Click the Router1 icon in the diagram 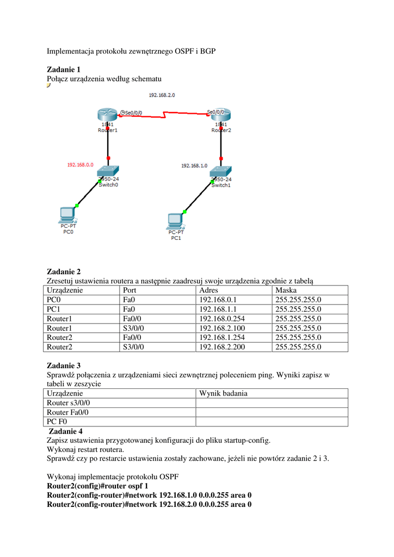pyautogui.click(x=107, y=115)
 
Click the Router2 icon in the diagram pyautogui.click(x=221, y=115)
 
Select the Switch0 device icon pyautogui.click(x=108, y=172)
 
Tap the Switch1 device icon pyautogui.click(x=221, y=172)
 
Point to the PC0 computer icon pyautogui.click(x=67, y=215)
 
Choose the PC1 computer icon pyautogui.click(x=175, y=221)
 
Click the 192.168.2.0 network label pyautogui.click(x=162, y=95)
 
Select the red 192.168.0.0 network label pyautogui.click(x=81, y=164)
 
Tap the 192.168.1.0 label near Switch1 pyautogui.click(x=194, y=165)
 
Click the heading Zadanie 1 pyautogui.click(x=64, y=70)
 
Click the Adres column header pyautogui.click(x=210, y=290)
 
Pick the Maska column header pyautogui.click(x=286, y=290)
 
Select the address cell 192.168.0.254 pyautogui.click(x=221, y=319)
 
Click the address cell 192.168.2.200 pyautogui.click(x=221, y=346)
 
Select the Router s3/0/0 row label pyautogui.click(x=69, y=403)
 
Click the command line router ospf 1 pyautogui.click(x=97, y=486)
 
